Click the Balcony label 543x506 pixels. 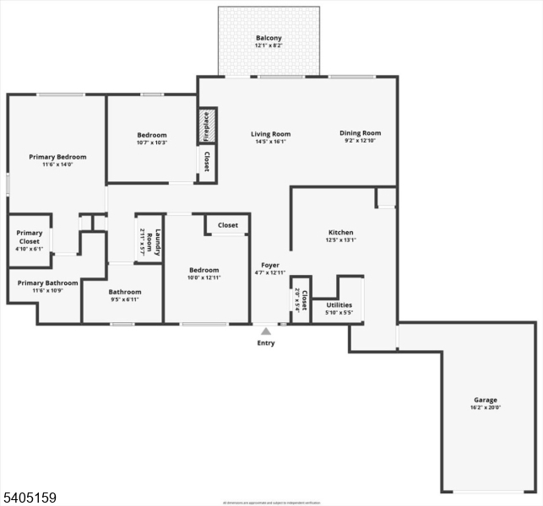tap(269, 38)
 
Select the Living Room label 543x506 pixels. tap(270, 134)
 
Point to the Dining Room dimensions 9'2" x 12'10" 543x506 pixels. tap(361, 141)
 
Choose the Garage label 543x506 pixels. tap(486, 400)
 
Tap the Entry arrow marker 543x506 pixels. tap(266, 331)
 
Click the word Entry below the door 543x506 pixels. tap(266, 343)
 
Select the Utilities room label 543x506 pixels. tap(339, 304)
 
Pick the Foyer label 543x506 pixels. tap(269, 265)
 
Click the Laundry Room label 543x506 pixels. tap(149, 238)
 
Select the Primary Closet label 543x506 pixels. tap(29, 237)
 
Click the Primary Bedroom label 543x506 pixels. tap(57, 157)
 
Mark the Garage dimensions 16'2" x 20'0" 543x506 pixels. tap(486, 407)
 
